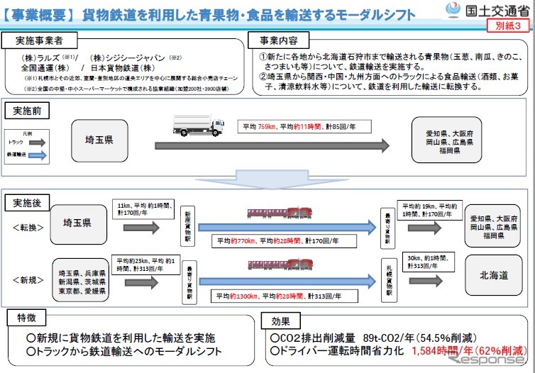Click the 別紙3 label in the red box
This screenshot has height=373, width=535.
click(x=509, y=25)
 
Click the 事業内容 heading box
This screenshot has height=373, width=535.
click(x=275, y=40)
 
